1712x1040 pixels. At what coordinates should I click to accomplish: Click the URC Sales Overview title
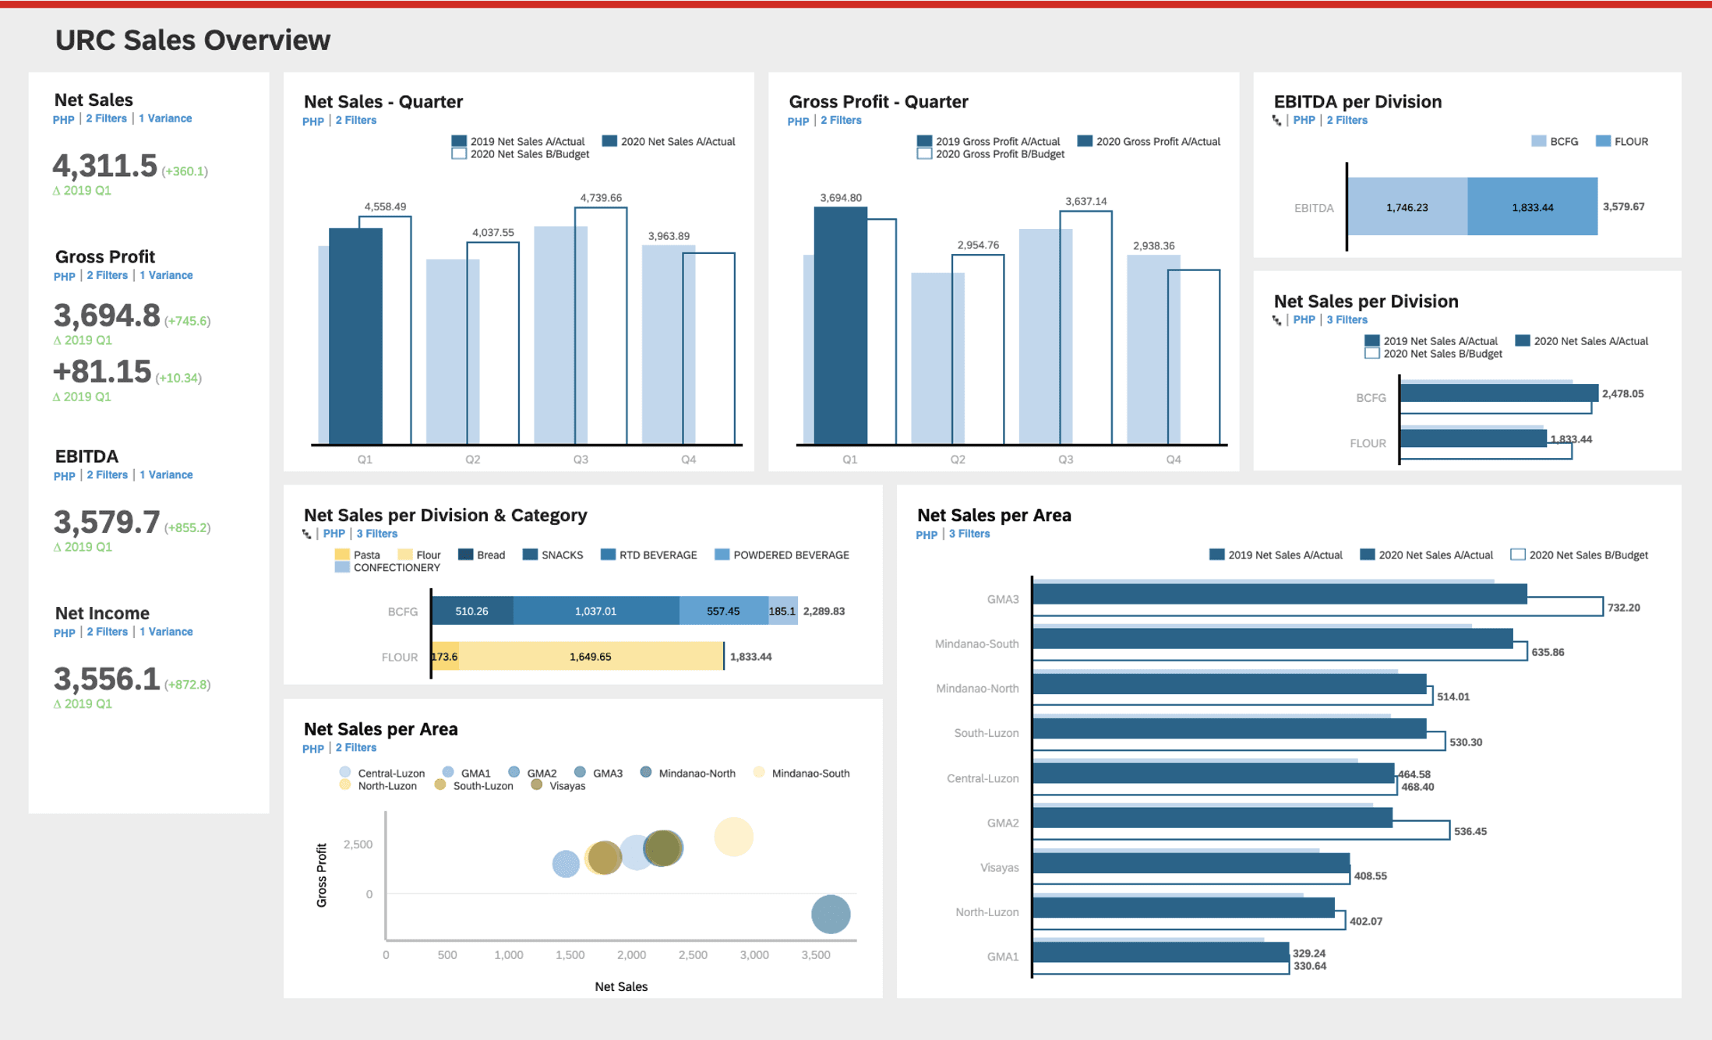192,41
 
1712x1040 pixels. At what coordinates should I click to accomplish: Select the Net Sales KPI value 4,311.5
105,166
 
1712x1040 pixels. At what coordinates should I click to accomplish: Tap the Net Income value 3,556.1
107,679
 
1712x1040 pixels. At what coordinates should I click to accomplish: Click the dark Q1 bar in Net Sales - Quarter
355,335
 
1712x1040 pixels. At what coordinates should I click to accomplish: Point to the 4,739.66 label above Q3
600,198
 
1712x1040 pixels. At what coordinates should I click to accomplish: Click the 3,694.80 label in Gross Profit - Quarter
840,198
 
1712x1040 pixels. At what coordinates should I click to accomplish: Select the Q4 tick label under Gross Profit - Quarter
1173,460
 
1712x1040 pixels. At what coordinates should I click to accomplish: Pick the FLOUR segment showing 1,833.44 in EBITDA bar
1532,207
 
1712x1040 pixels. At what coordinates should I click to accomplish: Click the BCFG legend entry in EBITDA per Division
1555,142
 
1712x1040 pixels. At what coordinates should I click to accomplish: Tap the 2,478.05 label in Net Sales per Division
1622,393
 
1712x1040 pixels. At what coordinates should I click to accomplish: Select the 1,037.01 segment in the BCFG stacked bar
595,611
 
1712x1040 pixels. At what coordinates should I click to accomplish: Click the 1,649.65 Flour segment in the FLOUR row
590,657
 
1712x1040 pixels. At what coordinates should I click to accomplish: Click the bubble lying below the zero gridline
830,914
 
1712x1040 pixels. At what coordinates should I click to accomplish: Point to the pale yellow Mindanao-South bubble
733,837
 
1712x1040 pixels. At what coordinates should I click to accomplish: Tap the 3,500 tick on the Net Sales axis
815,955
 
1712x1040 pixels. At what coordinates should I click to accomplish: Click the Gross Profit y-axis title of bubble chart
322,875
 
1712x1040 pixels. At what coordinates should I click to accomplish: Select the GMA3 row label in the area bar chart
1002,599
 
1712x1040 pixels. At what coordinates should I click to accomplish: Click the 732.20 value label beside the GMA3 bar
1623,608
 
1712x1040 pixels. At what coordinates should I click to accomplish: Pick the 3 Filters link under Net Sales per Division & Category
376,534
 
